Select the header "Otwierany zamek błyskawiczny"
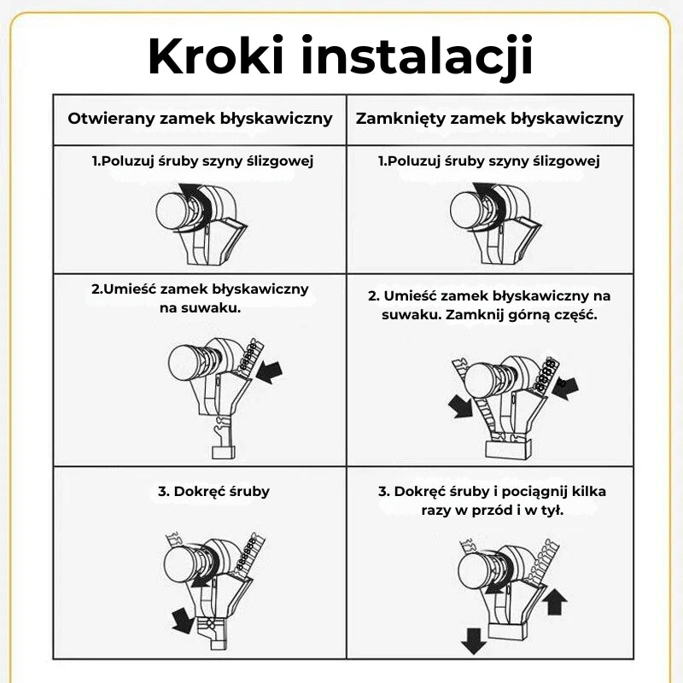click(200, 118)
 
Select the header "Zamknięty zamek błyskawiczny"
click(489, 118)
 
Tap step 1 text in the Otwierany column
click(202, 161)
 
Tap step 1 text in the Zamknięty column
click(489, 161)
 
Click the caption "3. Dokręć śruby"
click(213, 491)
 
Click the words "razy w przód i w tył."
click(492, 510)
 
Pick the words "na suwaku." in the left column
click(201, 307)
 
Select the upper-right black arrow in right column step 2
click(565, 385)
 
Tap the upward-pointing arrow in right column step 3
click(554, 602)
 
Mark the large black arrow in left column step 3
click(182, 620)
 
